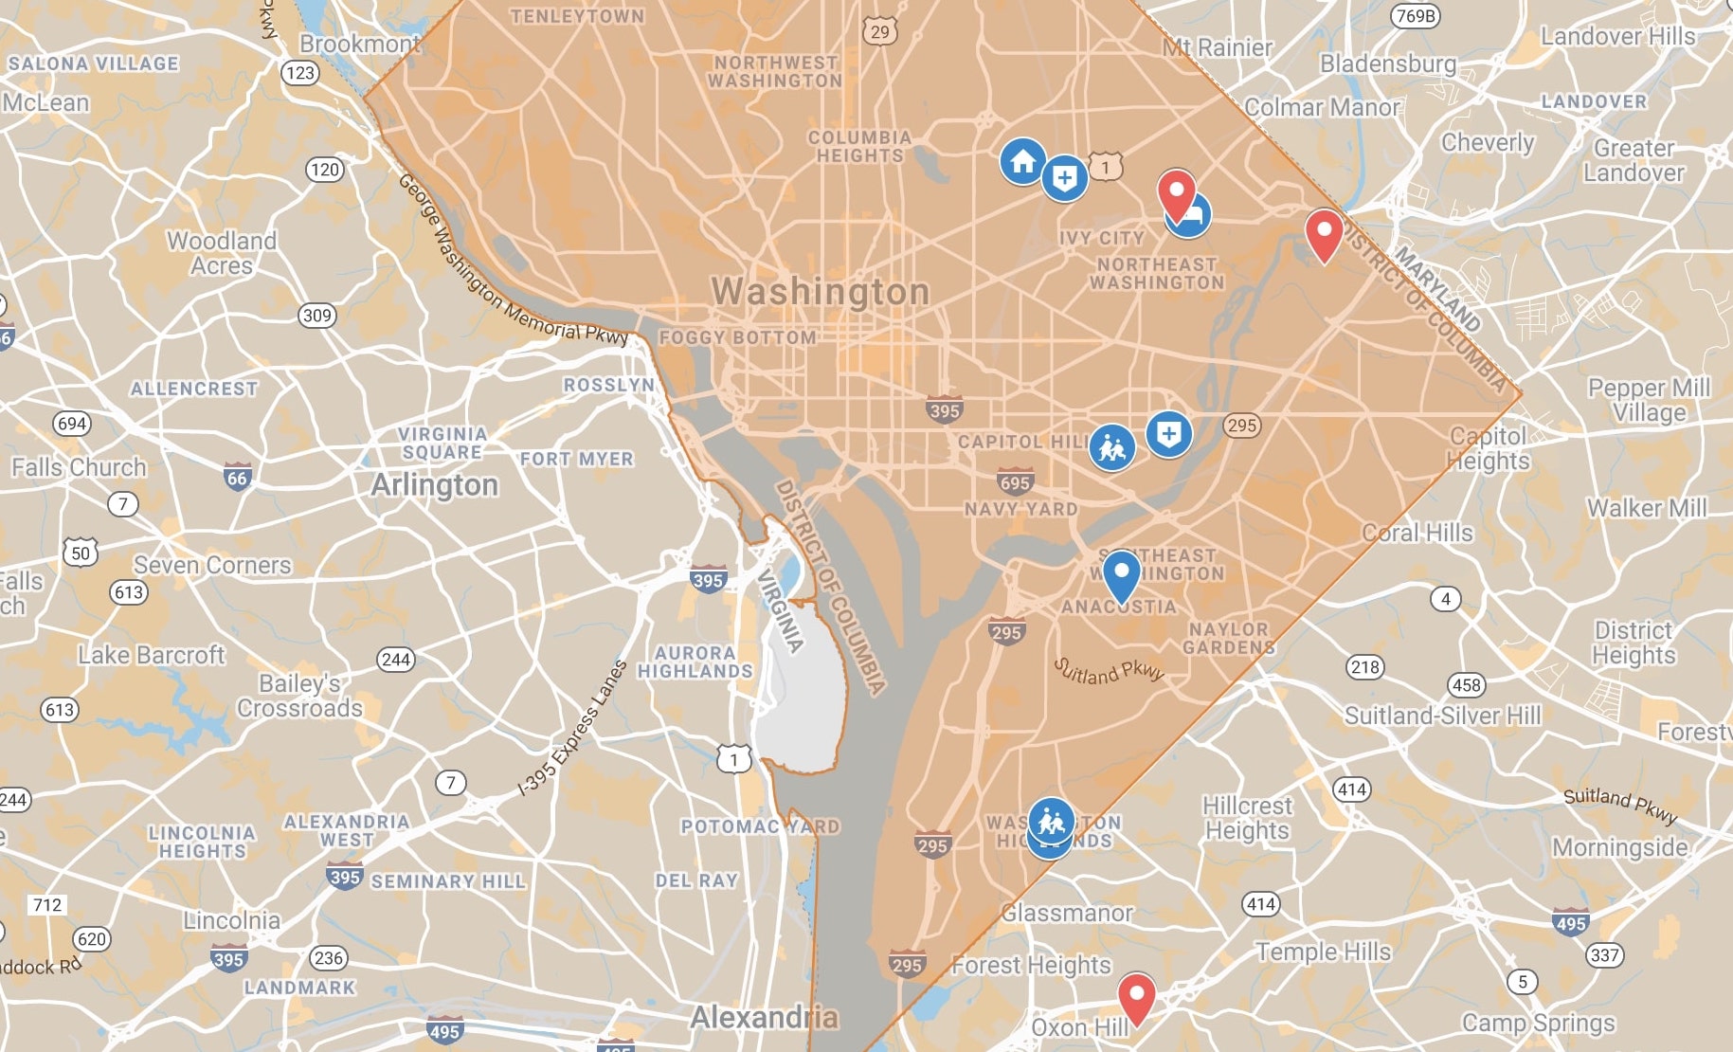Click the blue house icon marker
(x=1022, y=161)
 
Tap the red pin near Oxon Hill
(x=1136, y=994)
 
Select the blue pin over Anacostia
(x=1121, y=572)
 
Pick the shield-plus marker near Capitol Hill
(x=1168, y=434)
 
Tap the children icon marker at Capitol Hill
(x=1111, y=447)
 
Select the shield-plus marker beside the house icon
(x=1065, y=177)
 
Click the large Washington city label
(x=821, y=292)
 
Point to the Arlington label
(x=434, y=485)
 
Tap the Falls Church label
(x=79, y=467)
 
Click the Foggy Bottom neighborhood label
(x=737, y=337)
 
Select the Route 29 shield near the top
(x=880, y=31)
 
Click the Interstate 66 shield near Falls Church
(x=238, y=478)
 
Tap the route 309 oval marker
(x=317, y=316)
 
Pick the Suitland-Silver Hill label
(x=1442, y=716)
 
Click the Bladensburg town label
(x=1387, y=63)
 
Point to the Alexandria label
(x=764, y=1018)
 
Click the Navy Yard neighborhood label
(x=1020, y=510)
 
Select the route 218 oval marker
(x=1364, y=667)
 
